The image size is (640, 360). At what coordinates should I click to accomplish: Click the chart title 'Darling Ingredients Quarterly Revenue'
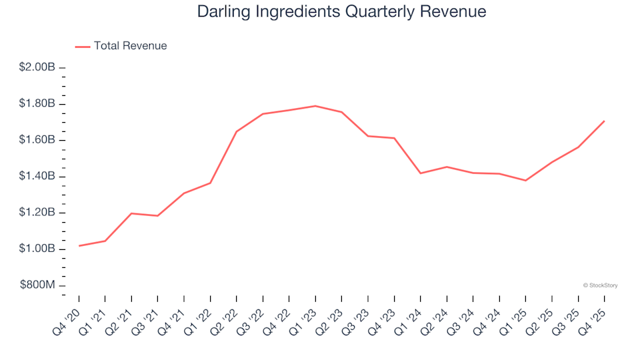[x=341, y=12]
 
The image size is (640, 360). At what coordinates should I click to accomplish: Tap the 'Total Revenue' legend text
[x=130, y=46]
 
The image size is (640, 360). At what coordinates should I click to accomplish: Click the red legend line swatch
[x=83, y=47]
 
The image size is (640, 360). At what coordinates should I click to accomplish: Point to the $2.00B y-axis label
[x=37, y=67]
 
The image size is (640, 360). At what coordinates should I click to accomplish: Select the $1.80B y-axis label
[x=37, y=104]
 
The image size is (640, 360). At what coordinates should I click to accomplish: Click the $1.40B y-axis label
[x=37, y=177]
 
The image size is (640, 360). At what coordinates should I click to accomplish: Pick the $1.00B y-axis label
[x=37, y=249]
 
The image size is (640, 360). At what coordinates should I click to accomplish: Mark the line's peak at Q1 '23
[x=315, y=106]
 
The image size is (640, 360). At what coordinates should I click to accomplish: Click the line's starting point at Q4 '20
[x=79, y=246]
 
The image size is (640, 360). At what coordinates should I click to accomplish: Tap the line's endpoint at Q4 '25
[x=604, y=121]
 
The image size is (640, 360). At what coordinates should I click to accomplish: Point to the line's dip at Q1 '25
[x=525, y=181]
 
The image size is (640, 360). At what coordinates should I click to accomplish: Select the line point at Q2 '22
[x=237, y=131]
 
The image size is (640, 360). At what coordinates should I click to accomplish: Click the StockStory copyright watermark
[x=600, y=285]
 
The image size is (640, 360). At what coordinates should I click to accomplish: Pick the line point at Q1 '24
[x=421, y=173]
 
